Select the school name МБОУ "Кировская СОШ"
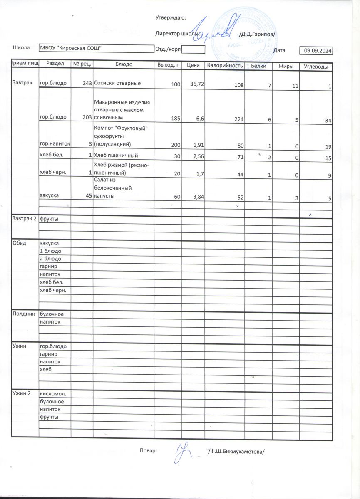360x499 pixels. tap(71, 48)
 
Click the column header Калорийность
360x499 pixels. tap(225, 66)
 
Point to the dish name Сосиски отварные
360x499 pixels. tap(117, 83)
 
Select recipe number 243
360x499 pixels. tap(87, 84)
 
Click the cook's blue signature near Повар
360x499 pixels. tap(182, 452)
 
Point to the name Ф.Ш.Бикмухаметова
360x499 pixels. tap(236, 452)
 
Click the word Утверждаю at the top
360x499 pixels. tap(171, 18)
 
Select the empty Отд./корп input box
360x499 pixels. tap(194, 49)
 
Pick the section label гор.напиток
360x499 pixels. tap(55, 143)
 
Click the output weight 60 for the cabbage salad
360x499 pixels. tap(177, 199)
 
